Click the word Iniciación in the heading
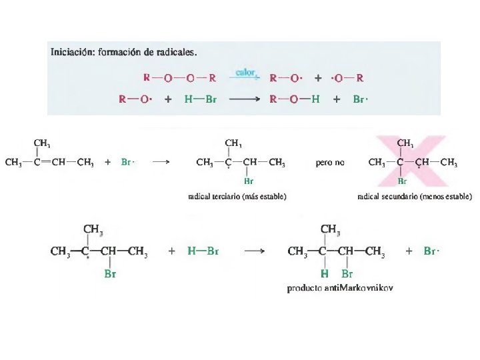(71, 51)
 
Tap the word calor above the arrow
(245, 70)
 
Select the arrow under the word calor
(245, 77)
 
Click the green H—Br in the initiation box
(201, 99)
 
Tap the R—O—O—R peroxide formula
(180, 77)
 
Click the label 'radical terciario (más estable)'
(237, 197)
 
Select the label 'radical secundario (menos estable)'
(415, 197)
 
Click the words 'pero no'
(330, 163)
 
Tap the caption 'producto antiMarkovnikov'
(340, 289)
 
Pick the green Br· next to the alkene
(128, 162)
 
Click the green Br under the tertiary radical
(248, 180)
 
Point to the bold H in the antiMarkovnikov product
(325, 273)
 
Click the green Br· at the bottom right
(432, 251)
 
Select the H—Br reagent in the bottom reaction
(203, 251)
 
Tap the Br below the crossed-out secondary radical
(402, 180)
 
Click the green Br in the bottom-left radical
(111, 273)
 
